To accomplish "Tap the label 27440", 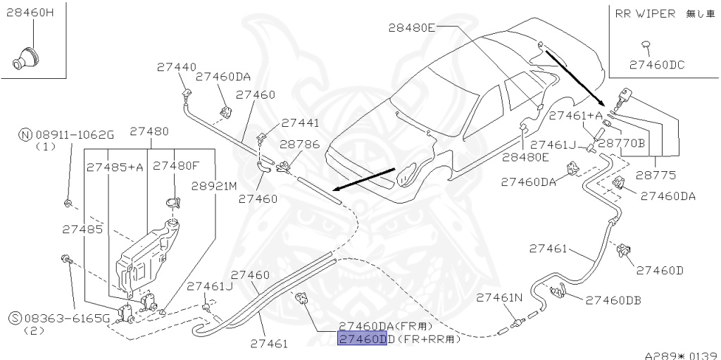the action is click(x=177, y=68).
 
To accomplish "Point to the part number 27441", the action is click(x=300, y=123).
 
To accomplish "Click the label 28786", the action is click(x=299, y=144).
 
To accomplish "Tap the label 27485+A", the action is click(x=115, y=167).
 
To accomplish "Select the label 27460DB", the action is click(x=613, y=300).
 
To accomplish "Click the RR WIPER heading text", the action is click(x=645, y=13).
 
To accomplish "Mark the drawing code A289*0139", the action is click(x=681, y=354).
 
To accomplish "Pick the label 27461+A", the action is click(x=575, y=116).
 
